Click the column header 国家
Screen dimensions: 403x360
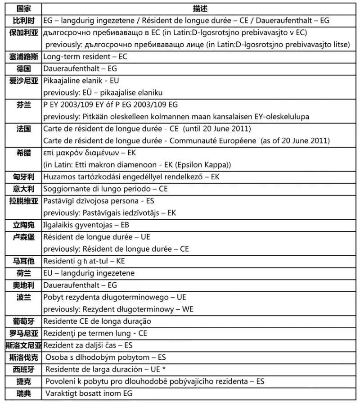pyautogui.click(x=24, y=9)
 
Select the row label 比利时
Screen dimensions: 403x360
pyautogui.click(x=24, y=20)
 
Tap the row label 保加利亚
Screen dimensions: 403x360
pyautogui.click(x=24, y=32)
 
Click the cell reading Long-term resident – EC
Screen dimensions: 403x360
pyautogui.click(x=85, y=57)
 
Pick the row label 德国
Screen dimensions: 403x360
pyautogui.click(x=24, y=68)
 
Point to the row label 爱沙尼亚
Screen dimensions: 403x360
pyautogui.click(x=24, y=81)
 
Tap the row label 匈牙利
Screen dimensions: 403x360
pyautogui.click(x=24, y=177)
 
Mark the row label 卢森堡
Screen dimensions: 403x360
pyautogui.click(x=24, y=237)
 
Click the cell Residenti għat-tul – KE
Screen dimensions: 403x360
pyautogui.click(x=84, y=261)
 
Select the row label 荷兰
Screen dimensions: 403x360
pyautogui.click(x=24, y=273)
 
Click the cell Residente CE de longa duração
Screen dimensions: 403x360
pyautogui.click(x=97, y=321)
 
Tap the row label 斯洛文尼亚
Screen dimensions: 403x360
pyautogui.click(x=24, y=345)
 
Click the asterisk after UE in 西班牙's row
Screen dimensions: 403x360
pyautogui.click(x=165, y=369)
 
